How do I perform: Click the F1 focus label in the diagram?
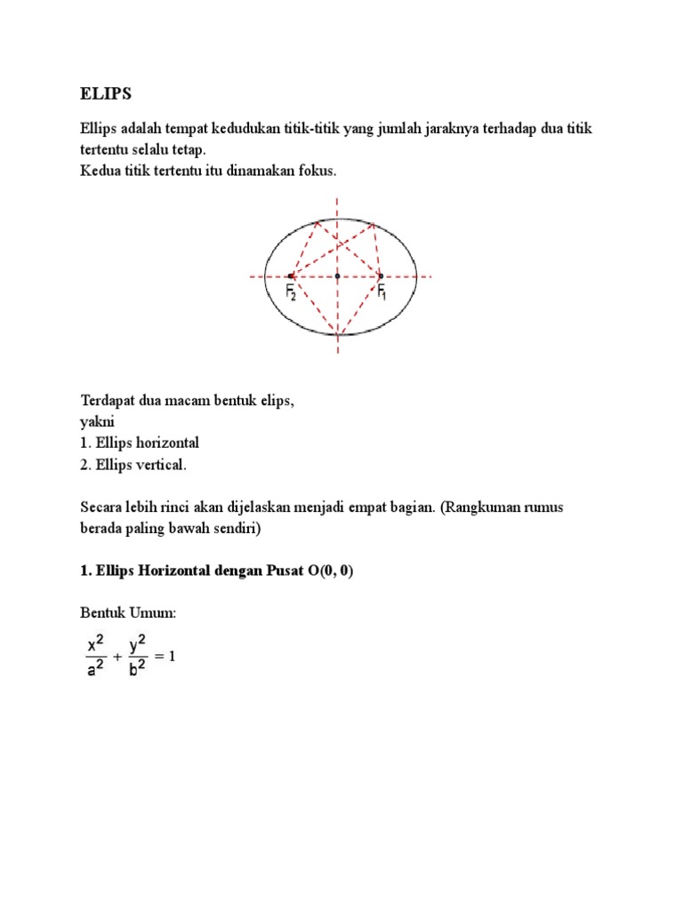pyautogui.click(x=382, y=291)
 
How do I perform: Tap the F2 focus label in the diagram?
pyautogui.click(x=291, y=292)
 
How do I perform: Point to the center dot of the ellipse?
pyautogui.click(x=337, y=276)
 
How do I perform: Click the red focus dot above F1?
pyautogui.click(x=381, y=275)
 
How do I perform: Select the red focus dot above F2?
pyautogui.click(x=292, y=276)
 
